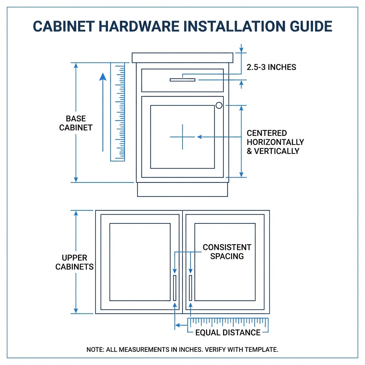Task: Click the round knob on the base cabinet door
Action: point(219,105)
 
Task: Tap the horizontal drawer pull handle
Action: point(182,80)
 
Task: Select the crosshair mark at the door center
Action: point(182,137)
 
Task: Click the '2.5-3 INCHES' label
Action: point(271,67)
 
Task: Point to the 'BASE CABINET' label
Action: point(76,123)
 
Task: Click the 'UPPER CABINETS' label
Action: point(74,262)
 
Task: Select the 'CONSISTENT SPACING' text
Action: point(227,252)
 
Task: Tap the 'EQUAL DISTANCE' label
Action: point(228,333)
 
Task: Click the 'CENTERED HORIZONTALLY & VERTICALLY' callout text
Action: point(275,142)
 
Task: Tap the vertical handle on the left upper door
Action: point(175,288)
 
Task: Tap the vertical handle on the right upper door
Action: point(191,288)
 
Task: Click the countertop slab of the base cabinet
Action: point(182,57)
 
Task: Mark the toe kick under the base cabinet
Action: point(182,190)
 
